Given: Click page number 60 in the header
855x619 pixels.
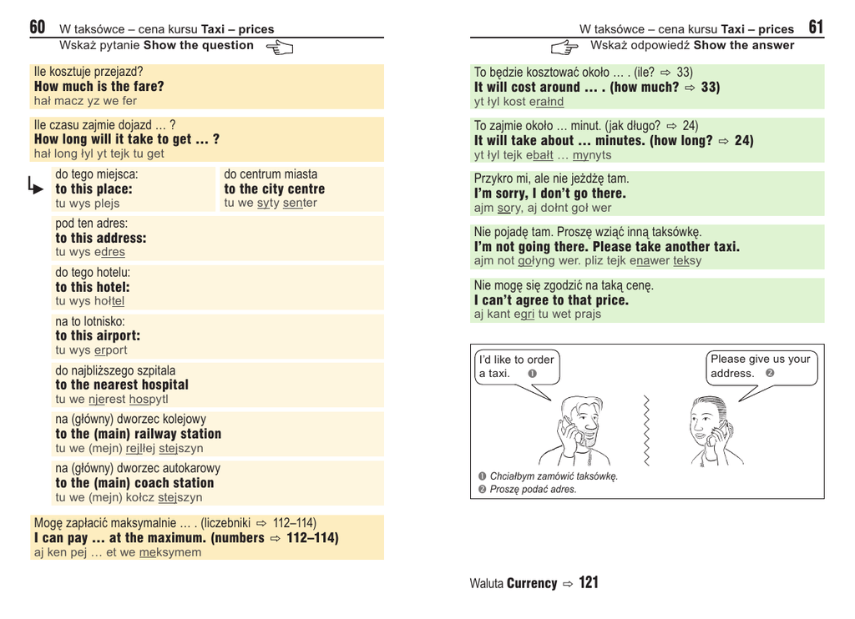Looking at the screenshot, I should click(x=38, y=28).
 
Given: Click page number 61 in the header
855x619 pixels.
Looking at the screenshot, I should click(x=816, y=28).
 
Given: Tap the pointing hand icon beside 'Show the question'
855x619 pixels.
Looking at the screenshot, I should click(x=280, y=48).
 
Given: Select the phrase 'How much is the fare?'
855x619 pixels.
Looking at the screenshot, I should click(x=99, y=87).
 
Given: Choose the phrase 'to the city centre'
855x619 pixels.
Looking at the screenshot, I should click(x=274, y=189).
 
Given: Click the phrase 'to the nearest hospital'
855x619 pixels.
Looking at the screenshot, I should click(x=122, y=385).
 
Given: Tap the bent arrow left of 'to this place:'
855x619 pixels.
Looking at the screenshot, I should click(x=35, y=186).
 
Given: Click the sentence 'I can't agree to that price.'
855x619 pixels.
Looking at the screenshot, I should click(x=551, y=300).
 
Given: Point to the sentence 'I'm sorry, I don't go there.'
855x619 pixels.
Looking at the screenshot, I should click(x=549, y=194).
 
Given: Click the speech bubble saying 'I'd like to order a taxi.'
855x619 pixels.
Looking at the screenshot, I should click(x=516, y=367).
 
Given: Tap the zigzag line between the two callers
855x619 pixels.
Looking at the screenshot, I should click(x=645, y=430).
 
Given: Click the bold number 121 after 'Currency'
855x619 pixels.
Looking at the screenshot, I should click(x=589, y=583).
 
